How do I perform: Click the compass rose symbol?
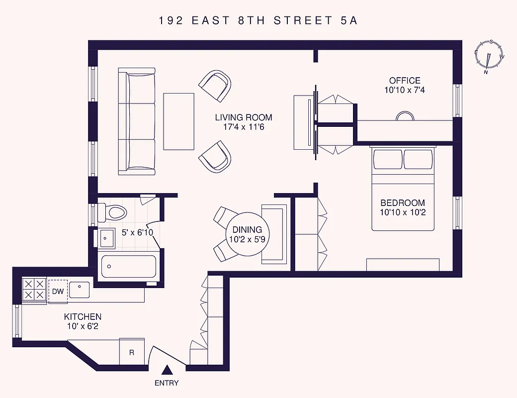click(489, 56)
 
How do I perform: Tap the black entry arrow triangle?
click(168, 370)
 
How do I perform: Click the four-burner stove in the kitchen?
click(34, 289)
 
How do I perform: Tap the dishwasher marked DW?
click(58, 291)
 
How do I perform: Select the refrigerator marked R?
click(132, 352)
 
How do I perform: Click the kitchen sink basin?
click(79, 289)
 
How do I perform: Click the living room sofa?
click(137, 121)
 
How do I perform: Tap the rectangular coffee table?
click(179, 121)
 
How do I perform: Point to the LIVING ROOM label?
click(244, 117)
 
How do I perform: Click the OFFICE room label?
click(404, 81)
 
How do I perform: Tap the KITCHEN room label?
click(83, 317)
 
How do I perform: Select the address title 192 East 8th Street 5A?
click(258, 20)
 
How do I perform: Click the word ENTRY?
click(167, 383)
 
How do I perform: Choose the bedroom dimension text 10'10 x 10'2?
click(403, 212)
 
